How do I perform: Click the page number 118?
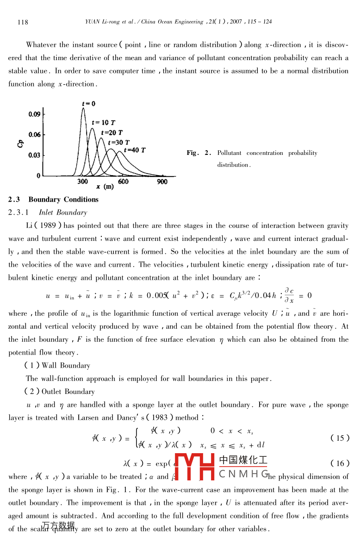tap(23, 22)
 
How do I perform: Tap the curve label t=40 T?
tap(135, 150)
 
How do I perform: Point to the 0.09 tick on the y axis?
tap(34, 114)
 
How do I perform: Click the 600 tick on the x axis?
tap(123, 182)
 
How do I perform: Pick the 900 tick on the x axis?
tap(162, 182)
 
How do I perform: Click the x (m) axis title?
tap(105, 187)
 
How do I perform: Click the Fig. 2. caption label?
tap(199, 153)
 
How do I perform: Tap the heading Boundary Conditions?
tap(63, 200)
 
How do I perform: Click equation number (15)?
tap(341, 438)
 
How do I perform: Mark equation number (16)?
tap(341, 463)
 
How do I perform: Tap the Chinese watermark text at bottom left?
tap(58, 525)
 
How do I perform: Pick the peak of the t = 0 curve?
tap(84, 109)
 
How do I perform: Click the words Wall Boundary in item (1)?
tap(66, 365)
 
